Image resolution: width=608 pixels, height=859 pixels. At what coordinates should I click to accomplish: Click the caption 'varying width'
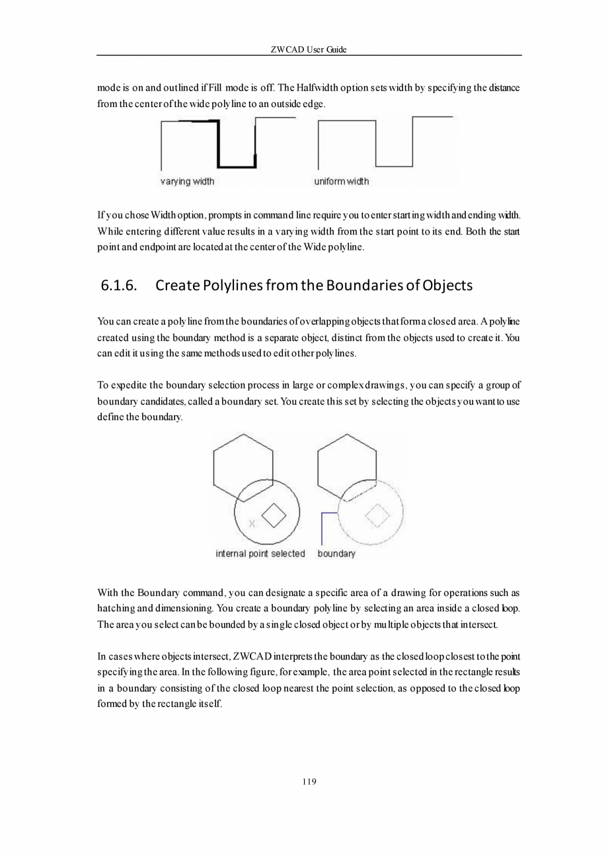pyautogui.click(x=187, y=182)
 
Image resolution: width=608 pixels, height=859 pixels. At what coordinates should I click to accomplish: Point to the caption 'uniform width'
pyautogui.click(x=341, y=182)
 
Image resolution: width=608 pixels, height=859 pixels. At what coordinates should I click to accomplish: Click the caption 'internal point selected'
pyautogui.click(x=260, y=554)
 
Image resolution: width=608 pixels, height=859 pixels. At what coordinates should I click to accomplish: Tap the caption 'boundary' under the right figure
pyautogui.click(x=336, y=554)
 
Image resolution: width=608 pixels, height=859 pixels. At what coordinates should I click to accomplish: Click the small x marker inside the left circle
pyautogui.click(x=251, y=523)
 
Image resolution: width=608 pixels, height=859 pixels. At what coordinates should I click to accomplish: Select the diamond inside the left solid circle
pyautogui.click(x=274, y=515)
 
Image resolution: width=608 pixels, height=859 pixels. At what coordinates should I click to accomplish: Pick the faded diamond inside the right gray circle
pyautogui.click(x=377, y=515)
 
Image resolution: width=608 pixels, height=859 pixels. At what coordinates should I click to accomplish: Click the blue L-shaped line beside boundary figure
pyautogui.click(x=322, y=525)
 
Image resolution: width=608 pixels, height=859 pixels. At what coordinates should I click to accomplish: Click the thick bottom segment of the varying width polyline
pyautogui.click(x=237, y=166)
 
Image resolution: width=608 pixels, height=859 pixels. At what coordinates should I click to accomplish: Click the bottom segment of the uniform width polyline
pyautogui.click(x=394, y=167)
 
